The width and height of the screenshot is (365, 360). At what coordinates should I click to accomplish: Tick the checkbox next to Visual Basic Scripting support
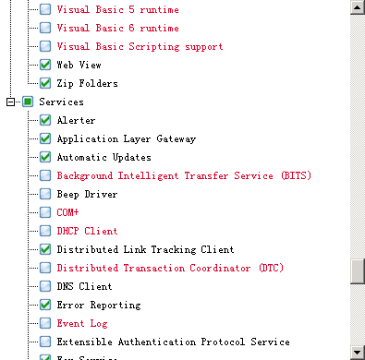point(45,46)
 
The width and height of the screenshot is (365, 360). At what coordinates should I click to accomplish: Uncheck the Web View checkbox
point(45,65)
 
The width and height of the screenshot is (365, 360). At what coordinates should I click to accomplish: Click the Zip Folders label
point(86,83)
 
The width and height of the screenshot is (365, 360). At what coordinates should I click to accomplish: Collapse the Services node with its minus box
point(11,102)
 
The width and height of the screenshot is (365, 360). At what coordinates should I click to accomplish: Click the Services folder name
point(61,102)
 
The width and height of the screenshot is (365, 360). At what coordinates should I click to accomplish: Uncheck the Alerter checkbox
point(45,120)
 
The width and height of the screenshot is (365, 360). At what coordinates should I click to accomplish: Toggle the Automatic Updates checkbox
point(45,157)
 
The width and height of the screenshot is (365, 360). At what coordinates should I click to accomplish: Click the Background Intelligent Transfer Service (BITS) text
point(184,175)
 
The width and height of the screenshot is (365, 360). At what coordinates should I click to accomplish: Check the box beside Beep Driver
point(45,194)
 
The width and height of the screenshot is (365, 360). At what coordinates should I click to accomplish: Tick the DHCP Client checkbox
point(45,231)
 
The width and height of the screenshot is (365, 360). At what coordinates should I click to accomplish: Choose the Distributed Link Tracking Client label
point(145,249)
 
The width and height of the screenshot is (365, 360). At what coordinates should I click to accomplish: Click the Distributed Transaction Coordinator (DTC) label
point(171,268)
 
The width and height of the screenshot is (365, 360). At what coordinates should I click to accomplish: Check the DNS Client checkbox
point(45,286)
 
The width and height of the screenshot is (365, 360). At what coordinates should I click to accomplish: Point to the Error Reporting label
point(99,305)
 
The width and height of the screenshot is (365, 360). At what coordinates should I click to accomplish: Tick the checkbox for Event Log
point(45,323)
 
